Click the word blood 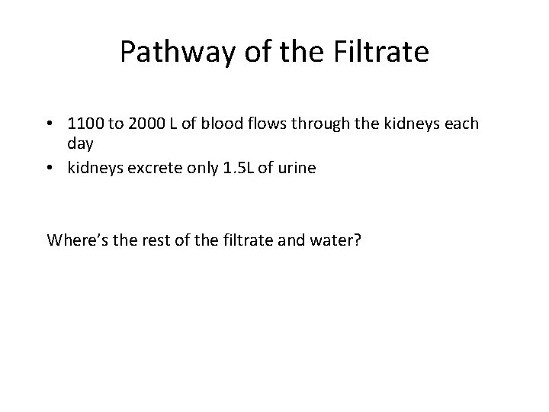click(x=239, y=124)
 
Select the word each click(x=461, y=124)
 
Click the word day click(x=80, y=144)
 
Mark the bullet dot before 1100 click(x=50, y=124)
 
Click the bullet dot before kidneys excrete click(x=50, y=169)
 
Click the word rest click(x=152, y=240)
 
